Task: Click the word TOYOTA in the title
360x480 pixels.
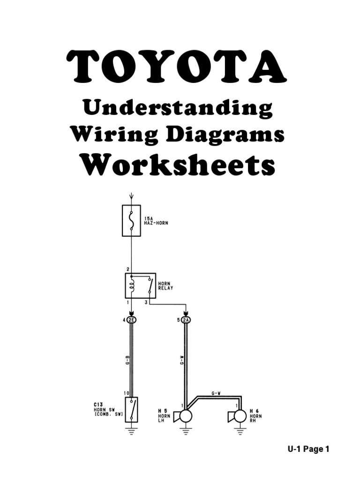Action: point(176,67)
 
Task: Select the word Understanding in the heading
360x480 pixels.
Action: point(178,109)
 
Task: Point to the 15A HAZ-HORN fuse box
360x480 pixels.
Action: point(131,220)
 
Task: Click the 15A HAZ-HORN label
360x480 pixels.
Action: point(156,221)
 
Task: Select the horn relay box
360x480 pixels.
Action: point(140,285)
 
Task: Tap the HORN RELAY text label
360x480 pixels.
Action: point(165,285)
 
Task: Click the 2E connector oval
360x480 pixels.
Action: point(132,320)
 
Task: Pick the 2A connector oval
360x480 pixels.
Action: point(186,320)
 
